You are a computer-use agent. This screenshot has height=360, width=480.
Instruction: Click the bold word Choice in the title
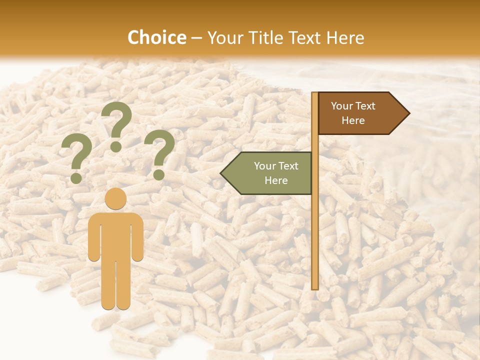pyautogui.click(x=156, y=38)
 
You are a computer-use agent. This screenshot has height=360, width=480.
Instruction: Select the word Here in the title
pyautogui.click(x=345, y=38)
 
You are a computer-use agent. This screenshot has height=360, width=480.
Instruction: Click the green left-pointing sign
pyautogui.click(x=270, y=173)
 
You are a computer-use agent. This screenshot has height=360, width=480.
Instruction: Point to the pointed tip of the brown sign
pyautogui.click(x=408, y=113)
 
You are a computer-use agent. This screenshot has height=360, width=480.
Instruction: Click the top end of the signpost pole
pyautogui.click(x=314, y=94)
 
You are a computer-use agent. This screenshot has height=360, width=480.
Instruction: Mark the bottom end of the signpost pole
pyautogui.click(x=315, y=287)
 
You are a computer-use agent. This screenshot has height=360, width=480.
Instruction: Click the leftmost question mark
pyautogui.click(x=76, y=159)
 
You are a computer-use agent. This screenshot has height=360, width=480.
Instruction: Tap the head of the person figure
pyautogui.click(x=115, y=198)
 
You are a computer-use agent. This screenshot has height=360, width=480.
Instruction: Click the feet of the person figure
pyautogui.click(x=115, y=305)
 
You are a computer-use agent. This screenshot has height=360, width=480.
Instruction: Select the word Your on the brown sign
pyautogui.click(x=342, y=106)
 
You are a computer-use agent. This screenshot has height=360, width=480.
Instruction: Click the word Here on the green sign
pyautogui.click(x=276, y=180)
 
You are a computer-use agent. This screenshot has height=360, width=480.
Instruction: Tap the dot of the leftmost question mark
pyautogui.click(x=76, y=178)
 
